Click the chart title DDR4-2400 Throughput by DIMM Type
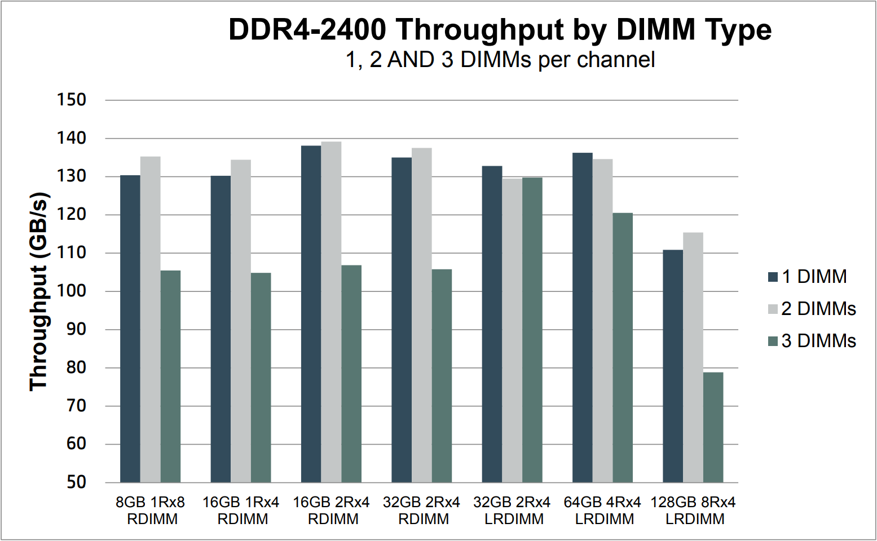tap(500, 29)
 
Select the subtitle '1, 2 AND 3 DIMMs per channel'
tap(500, 60)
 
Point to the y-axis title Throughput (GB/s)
tap(39, 292)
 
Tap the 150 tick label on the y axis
tap(72, 100)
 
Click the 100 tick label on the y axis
tap(72, 291)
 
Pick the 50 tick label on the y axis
tap(76, 482)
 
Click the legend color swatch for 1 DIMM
tap(773, 277)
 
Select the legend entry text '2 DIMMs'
tap(818, 309)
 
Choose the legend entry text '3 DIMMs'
tap(818, 341)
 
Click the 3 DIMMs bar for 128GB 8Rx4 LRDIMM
tap(713, 427)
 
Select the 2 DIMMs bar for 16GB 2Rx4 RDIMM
tap(331, 312)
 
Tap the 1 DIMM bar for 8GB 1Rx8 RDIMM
tap(130, 329)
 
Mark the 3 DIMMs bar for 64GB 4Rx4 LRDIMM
tap(623, 348)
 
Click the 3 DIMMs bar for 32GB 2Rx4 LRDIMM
tap(532, 330)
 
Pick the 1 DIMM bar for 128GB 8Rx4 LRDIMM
tap(672, 366)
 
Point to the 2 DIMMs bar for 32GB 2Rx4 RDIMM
tap(421, 315)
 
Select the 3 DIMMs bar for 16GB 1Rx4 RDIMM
tap(261, 378)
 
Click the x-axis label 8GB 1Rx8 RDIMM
tap(151, 511)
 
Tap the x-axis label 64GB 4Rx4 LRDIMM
tap(603, 511)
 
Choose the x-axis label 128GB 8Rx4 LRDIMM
tap(694, 511)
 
